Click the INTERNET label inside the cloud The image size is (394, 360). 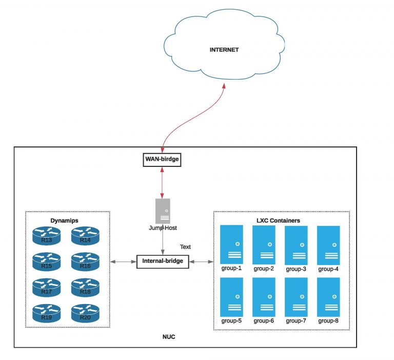pos(224,50)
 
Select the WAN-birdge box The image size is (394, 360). pos(163,160)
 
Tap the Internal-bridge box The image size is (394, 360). pos(163,261)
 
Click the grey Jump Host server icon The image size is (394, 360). pos(163,211)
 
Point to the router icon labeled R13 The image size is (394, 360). pos(46,236)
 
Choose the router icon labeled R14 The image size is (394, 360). pos(85,236)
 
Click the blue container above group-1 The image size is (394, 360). pos(231,244)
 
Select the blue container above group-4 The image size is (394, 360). pos(328,244)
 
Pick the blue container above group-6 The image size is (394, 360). pos(264,297)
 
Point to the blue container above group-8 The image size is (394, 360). pos(328,297)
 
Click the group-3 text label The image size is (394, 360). pos(296,269)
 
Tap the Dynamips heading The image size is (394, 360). pos(64,220)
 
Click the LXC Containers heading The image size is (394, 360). pos(278,220)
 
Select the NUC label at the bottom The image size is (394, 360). pos(169,337)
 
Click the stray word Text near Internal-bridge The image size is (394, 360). pos(185,247)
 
